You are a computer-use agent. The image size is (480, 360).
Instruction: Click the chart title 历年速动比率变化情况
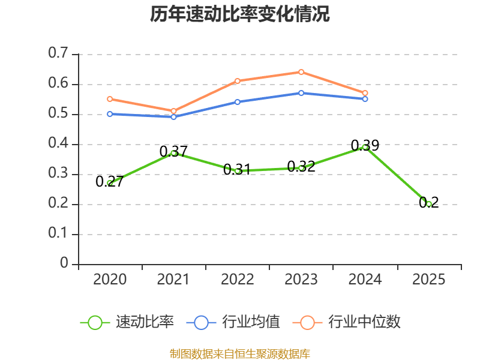pyautogui.click(x=239, y=14)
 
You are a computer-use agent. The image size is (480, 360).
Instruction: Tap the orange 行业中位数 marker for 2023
pyautogui.click(x=301, y=72)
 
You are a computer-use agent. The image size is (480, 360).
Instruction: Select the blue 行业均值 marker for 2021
pyautogui.click(x=173, y=117)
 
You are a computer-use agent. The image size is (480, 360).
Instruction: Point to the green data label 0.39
pyautogui.click(x=365, y=145)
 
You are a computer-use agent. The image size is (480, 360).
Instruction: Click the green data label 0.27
pyautogui.click(x=110, y=181)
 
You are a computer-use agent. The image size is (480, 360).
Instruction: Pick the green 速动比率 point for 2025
pyautogui.click(x=429, y=204)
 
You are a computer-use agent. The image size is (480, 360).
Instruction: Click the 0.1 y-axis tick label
pyautogui.click(x=58, y=233)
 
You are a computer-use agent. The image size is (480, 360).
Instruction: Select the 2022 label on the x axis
pyautogui.click(x=237, y=279)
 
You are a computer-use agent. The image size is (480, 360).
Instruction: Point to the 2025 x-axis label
pyautogui.click(x=428, y=279)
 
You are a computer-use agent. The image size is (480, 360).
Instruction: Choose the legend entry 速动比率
pyautogui.click(x=127, y=322)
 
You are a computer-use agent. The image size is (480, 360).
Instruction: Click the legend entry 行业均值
pyautogui.click(x=233, y=322)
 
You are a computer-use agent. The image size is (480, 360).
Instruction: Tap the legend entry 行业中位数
pyautogui.click(x=347, y=322)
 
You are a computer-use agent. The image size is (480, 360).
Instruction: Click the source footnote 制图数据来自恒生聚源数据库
pyautogui.click(x=240, y=354)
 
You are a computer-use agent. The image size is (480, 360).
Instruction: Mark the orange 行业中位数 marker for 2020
pyautogui.click(x=110, y=99)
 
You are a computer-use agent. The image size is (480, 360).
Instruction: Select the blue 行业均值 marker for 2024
pyautogui.click(x=365, y=99)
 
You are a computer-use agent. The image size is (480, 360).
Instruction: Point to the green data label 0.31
pyautogui.click(x=237, y=169)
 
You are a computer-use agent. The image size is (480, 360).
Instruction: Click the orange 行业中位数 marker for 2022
pyautogui.click(x=238, y=81)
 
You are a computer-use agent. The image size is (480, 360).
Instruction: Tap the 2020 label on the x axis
pyautogui.click(x=110, y=279)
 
